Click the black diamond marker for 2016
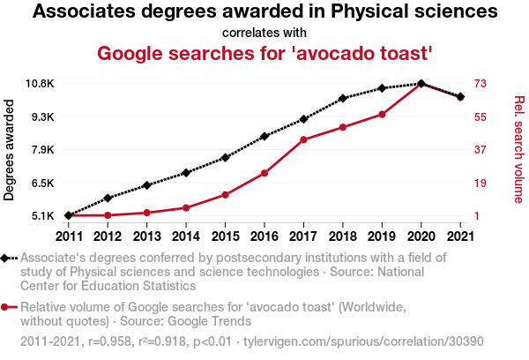point(264,137)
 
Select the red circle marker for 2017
point(303,139)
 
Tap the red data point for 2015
point(225,194)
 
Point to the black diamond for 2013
point(146,185)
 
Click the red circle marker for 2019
point(382,114)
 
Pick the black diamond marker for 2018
point(342,98)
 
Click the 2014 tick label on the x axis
point(185,236)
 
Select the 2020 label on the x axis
point(421,236)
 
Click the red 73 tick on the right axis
point(481,84)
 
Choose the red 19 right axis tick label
point(481,183)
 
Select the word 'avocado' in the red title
point(336,53)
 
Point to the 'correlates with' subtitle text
point(264,34)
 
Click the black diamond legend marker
point(7,258)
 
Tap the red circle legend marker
point(7,307)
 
